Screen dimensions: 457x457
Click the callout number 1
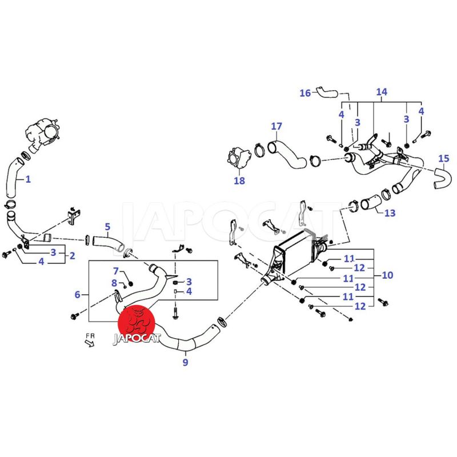point(28,179)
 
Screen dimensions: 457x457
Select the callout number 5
point(107,227)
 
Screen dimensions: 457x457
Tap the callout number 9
point(185,362)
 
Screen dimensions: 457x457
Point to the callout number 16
point(305,93)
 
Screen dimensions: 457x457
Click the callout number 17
point(276,126)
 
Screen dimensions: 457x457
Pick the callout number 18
point(239,181)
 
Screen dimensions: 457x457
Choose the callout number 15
point(443,158)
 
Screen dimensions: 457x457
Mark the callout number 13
point(390,213)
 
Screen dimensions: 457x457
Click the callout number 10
point(387,275)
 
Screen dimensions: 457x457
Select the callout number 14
point(381,92)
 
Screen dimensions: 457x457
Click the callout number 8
point(114,282)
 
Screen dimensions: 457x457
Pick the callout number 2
point(72,256)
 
